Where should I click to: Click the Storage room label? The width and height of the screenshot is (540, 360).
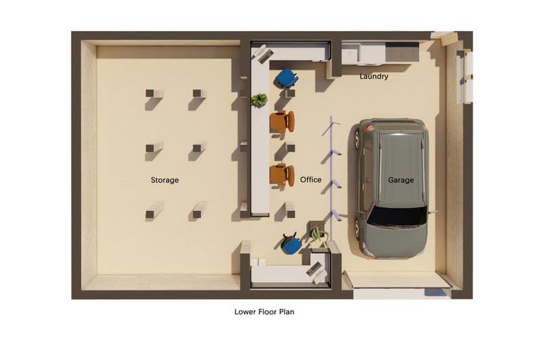pos(165,180)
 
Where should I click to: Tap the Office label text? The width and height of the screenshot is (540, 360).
pos(311,179)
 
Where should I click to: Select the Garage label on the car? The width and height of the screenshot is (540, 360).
pos(401,180)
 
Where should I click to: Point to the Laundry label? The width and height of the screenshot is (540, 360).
pos(373,76)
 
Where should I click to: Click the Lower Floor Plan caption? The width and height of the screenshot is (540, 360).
pos(264,311)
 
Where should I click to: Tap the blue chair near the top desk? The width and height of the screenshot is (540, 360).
pos(287,77)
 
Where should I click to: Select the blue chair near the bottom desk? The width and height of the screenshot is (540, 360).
pos(291,243)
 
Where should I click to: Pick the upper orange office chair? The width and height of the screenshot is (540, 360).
pos(282,121)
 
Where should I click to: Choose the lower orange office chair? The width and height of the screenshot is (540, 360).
pos(282,175)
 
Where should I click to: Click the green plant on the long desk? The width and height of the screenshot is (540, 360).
pos(259,100)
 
